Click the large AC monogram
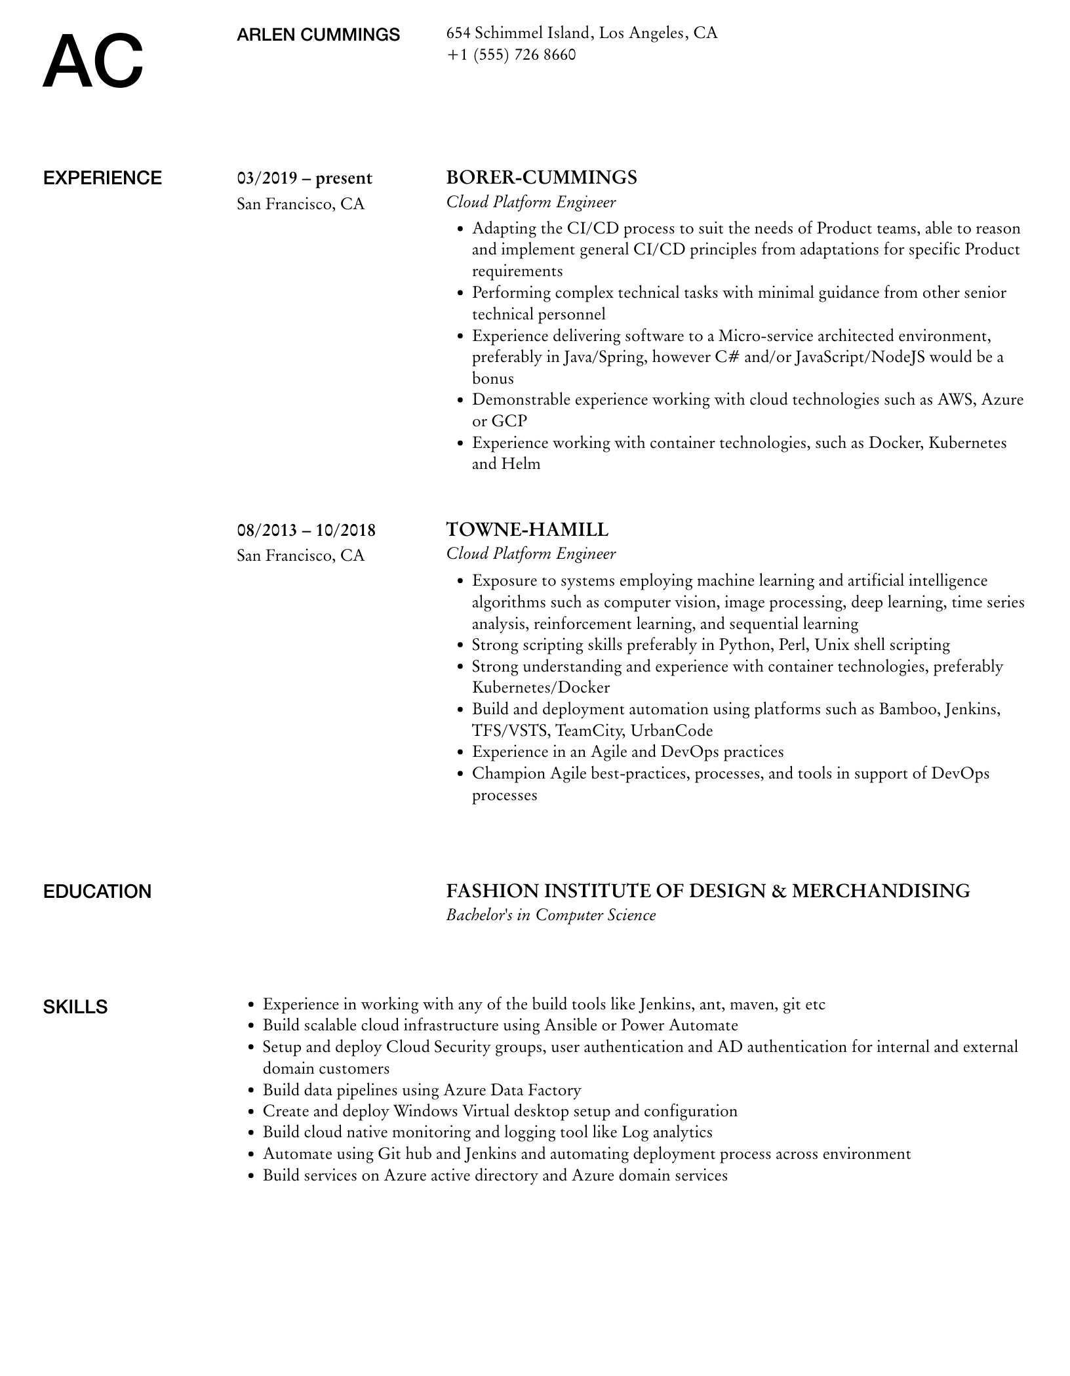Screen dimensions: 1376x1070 click(x=92, y=62)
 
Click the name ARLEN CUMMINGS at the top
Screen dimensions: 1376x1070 click(x=318, y=35)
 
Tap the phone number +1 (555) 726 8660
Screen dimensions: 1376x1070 click(x=511, y=54)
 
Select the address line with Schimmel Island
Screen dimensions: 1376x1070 click(x=582, y=33)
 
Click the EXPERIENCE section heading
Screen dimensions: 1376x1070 click(x=102, y=178)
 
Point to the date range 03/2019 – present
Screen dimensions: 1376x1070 click(x=304, y=178)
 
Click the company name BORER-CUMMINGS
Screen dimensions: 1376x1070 click(x=541, y=177)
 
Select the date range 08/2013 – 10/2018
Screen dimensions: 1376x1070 click(x=306, y=530)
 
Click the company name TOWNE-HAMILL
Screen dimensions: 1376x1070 click(x=527, y=529)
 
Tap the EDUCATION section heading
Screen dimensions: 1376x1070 click(x=97, y=892)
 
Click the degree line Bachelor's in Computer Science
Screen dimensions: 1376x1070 click(x=551, y=915)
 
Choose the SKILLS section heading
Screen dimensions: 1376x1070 click(x=75, y=1007)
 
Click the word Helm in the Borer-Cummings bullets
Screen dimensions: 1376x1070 click(x=521, y=464)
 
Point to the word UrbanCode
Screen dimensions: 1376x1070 click(x=671, y=731)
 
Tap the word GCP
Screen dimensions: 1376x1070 click(x=509, y=421)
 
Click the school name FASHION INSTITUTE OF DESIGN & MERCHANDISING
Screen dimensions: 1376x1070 click(x=707, y=891)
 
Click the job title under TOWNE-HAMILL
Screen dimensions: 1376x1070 click(x=531, y=554)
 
